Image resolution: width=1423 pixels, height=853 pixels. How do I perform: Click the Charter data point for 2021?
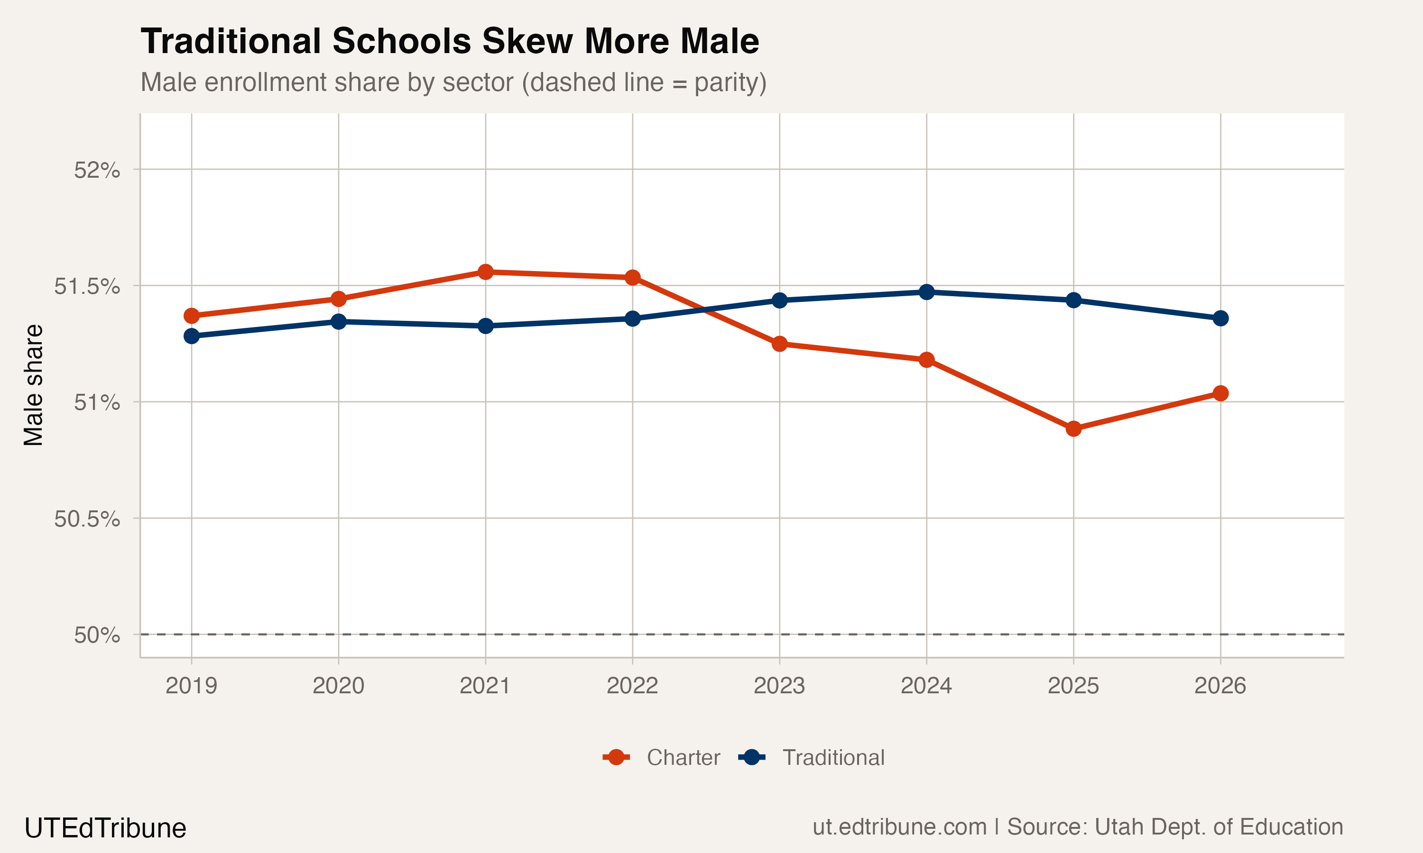click(485, 272)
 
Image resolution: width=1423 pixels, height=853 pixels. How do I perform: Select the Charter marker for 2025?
click(1073, 428)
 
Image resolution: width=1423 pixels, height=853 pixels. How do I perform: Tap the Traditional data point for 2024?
click(926, 292)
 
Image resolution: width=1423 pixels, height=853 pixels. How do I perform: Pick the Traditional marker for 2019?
click(192, 336)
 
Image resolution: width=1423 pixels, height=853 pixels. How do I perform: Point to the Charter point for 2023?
click(779, 344)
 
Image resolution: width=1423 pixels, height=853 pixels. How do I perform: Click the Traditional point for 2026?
click(1220, 318)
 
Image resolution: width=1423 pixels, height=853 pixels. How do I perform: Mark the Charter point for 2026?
click(1220, 393)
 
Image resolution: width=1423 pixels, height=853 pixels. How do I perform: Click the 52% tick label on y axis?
click(97, 170)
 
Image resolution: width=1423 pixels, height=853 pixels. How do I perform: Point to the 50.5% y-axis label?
click(87, 519)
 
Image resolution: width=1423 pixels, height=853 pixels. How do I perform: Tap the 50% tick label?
click(97, 635)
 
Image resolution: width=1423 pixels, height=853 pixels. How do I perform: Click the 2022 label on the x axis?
click(632, 686)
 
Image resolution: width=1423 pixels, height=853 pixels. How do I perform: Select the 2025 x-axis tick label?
click(1073, 686)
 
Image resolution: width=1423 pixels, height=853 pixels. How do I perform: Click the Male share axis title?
click(33, 385)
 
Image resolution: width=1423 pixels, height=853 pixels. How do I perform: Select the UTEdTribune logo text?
click(105, 828)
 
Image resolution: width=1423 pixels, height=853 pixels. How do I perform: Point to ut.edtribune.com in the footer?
click(899, 826)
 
